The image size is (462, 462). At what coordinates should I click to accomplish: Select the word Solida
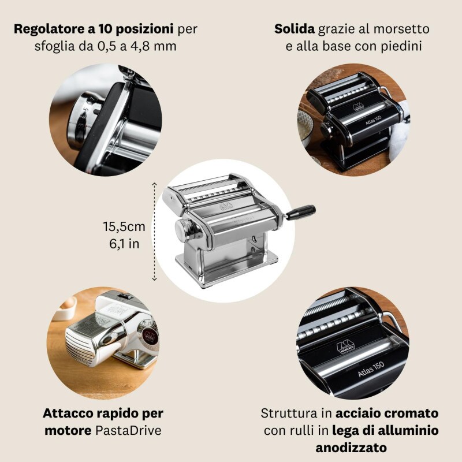[x=295, y=29]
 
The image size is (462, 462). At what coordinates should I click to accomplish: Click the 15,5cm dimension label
[x=124, y=227]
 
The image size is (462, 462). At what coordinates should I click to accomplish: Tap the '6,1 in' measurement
[x=124, y=244]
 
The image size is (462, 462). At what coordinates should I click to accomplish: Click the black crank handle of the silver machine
[x=300, y=212]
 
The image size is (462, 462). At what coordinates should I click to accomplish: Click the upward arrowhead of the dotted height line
[x=154, y=184]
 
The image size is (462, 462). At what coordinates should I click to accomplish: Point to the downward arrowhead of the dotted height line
[x=154, y=278]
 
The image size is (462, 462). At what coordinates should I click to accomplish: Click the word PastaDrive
[x=128, y=431]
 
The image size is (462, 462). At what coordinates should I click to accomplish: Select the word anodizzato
[x=351, y=448]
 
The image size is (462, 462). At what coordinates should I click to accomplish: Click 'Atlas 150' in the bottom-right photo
[x=371, y=370]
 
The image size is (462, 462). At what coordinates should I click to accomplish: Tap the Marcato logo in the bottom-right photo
[x=345, y=346]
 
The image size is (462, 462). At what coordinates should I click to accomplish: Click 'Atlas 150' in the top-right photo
[x=373, y=120]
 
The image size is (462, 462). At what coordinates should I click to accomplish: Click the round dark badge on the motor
[x=150, y=336]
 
